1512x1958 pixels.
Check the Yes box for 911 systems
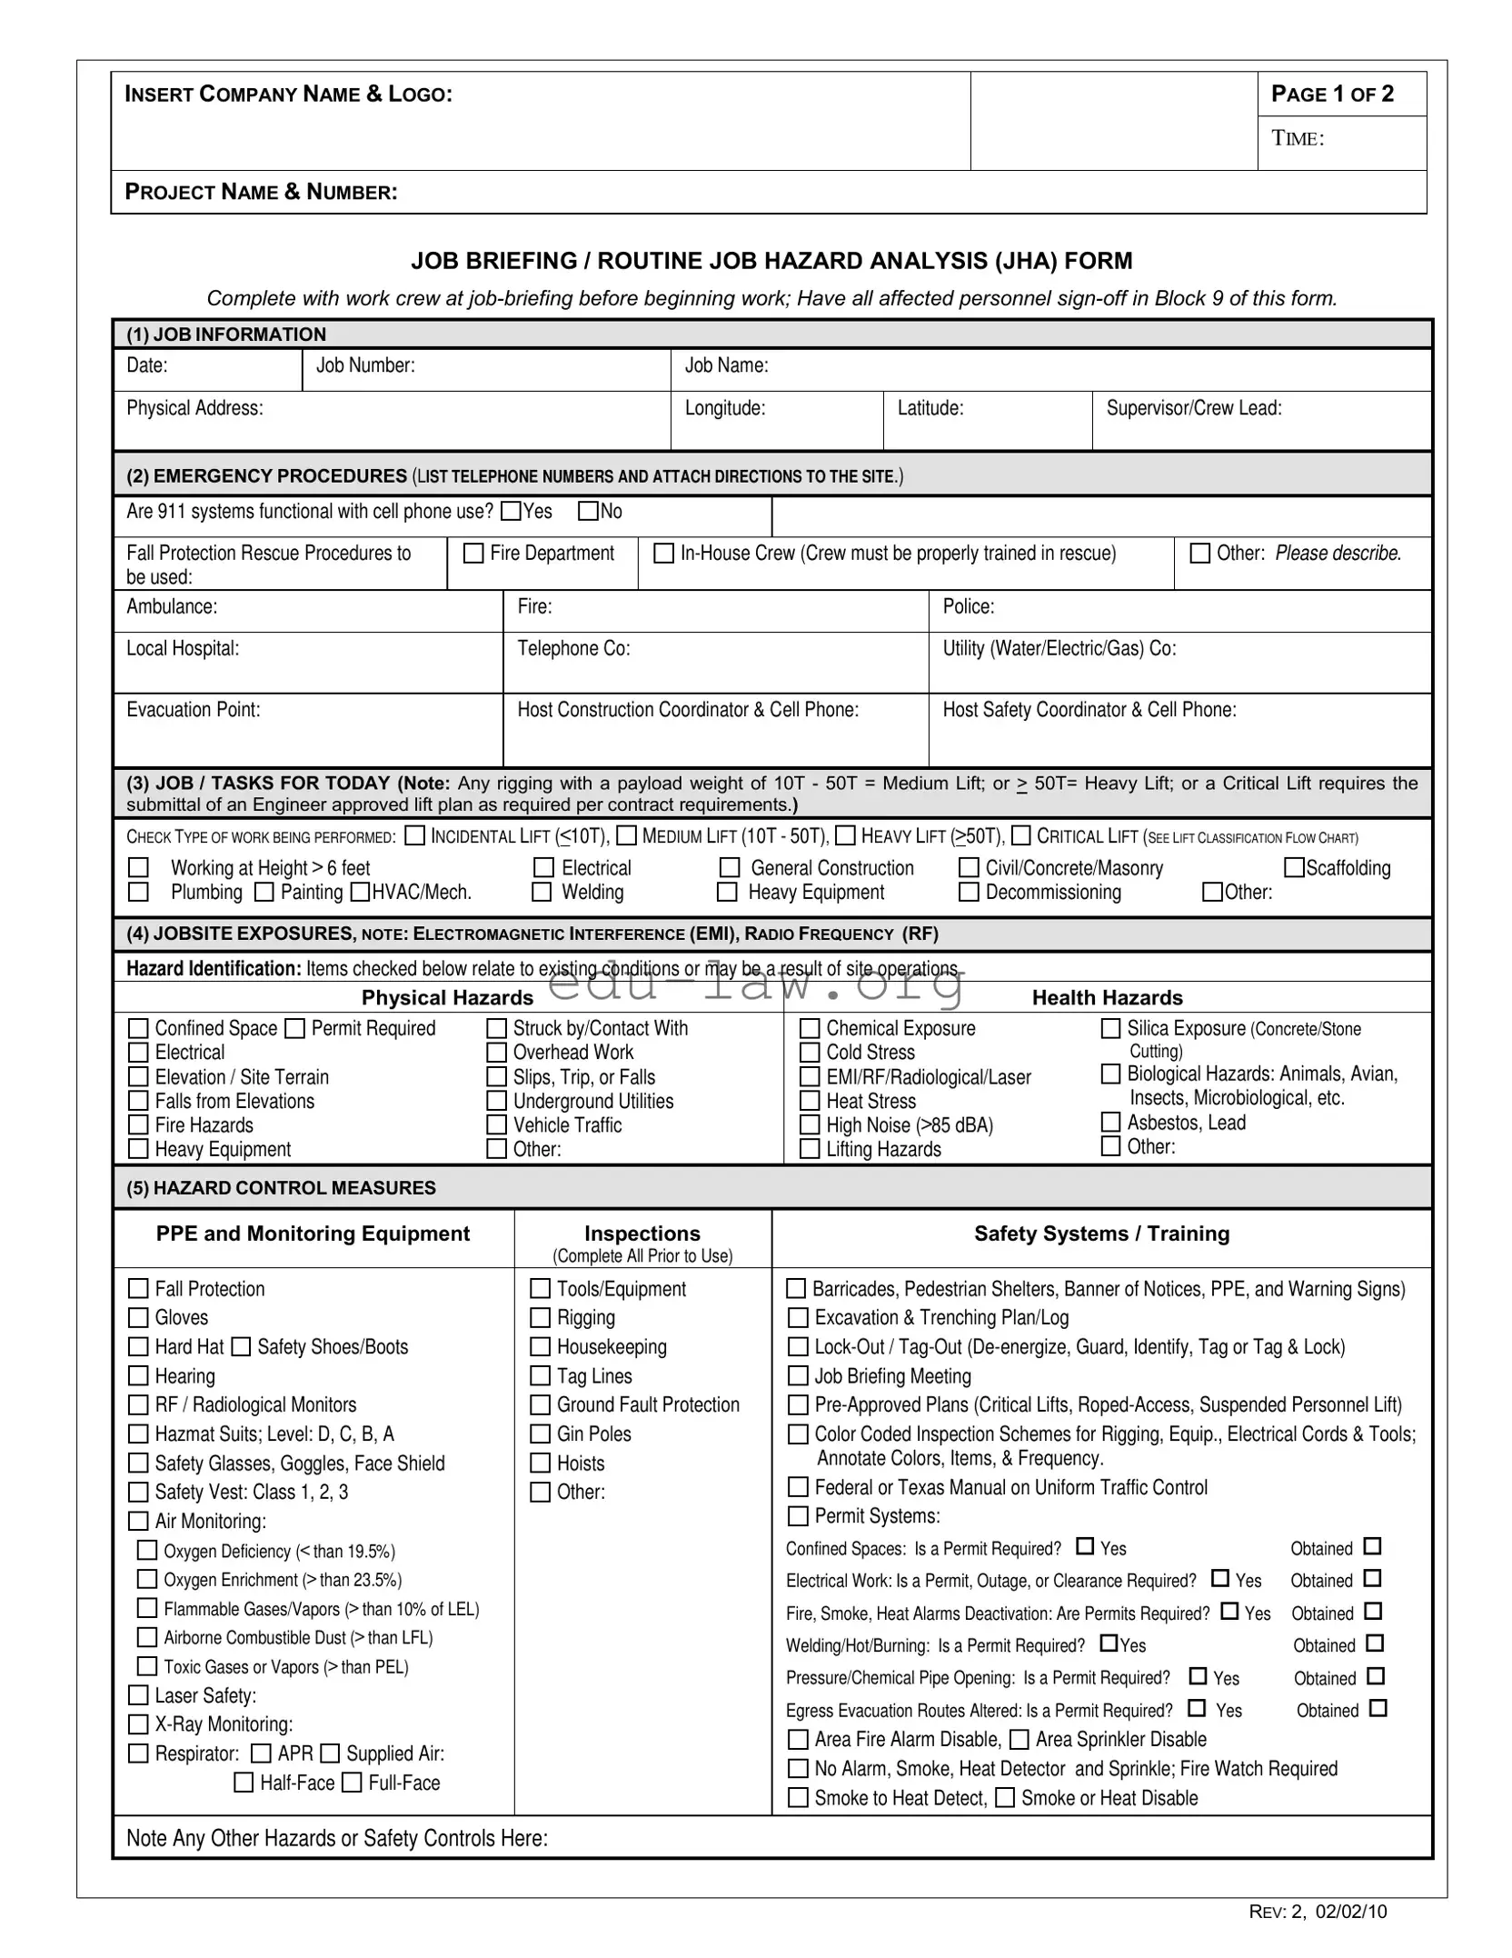(512, 511)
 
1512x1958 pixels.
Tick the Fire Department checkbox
(473, 553)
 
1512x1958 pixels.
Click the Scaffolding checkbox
(1293, 867)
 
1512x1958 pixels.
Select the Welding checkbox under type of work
(542, 892)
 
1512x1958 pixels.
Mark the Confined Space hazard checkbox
(138, 1028)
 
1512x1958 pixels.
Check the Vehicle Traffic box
(496, 1124)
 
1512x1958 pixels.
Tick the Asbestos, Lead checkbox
(1110, 1122)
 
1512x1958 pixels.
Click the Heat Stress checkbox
(810, 1101)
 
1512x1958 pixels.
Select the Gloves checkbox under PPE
(138, 1317)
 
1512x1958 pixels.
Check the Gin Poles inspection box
(541, 1434)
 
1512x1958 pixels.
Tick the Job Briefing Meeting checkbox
(798, 1376)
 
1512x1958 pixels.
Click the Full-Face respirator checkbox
(352, 1783)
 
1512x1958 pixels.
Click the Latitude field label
(930, 408)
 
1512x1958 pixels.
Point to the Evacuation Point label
(193, 709)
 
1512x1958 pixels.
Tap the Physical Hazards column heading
(447, 997)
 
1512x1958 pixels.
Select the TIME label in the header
(1297, 138)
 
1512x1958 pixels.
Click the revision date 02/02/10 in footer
(1350, 1912)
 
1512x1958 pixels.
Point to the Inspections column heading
(642, 1234)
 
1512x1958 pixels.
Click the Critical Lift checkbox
(1021, 835)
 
